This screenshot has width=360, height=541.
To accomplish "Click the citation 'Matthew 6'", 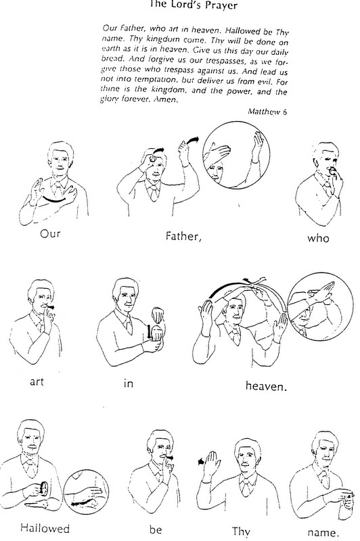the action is click(267, 112).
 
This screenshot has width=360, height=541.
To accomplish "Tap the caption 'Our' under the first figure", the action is click(50, 233).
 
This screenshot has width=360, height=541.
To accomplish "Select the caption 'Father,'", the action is click(183, 236).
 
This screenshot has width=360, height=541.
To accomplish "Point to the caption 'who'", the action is click(318, 238).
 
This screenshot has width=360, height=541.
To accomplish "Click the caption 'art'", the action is click(37, 381).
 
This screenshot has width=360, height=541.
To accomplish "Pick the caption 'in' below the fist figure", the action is click(128, 383).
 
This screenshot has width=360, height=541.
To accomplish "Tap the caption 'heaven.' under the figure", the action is click(266, 385).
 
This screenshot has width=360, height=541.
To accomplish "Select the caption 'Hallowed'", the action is click(45, 528).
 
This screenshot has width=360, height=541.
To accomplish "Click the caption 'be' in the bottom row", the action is click(156, 529).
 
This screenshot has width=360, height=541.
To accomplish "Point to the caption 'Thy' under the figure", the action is click(241, 532).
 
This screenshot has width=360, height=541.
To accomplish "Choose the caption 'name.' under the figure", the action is click(321, 532).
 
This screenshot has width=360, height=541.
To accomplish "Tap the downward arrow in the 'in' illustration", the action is click(149, 331).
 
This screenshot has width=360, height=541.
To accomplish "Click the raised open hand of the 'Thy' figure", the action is click(211, 464).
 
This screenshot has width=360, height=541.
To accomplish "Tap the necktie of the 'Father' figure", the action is click(152, 194).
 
